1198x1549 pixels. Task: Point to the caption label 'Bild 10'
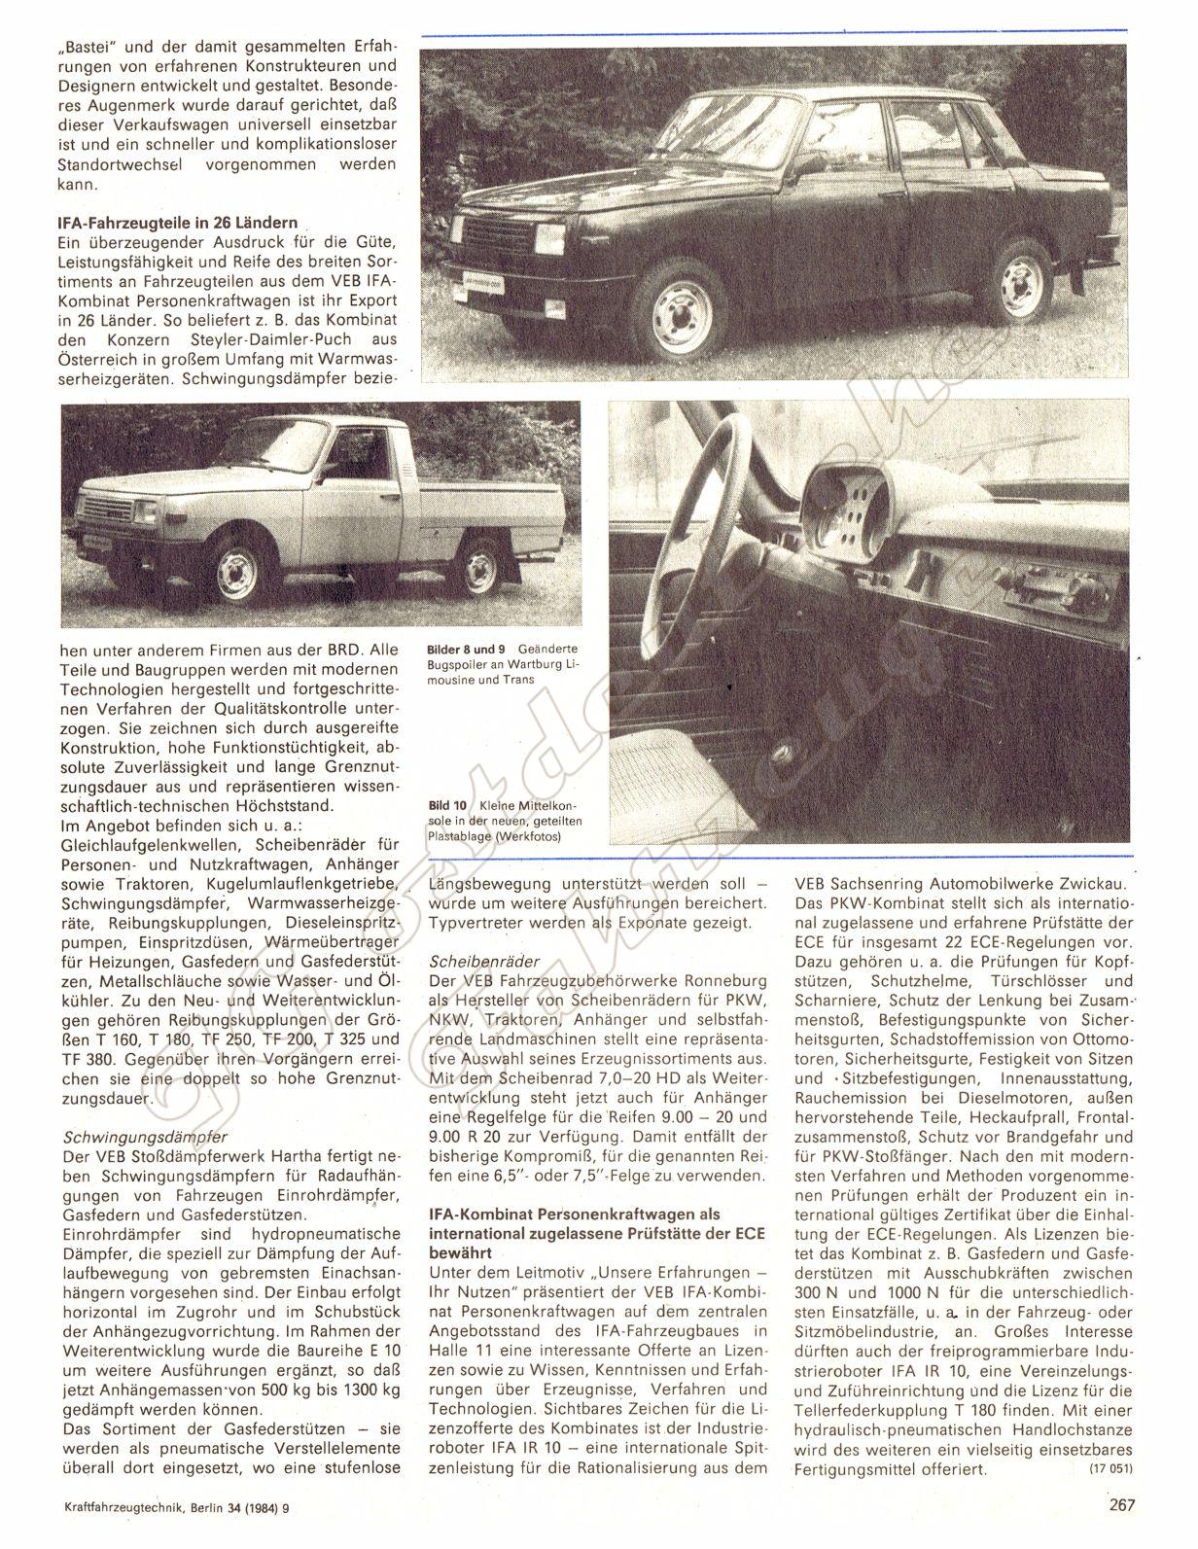[447, 805]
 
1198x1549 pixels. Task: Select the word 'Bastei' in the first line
[93, 47]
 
